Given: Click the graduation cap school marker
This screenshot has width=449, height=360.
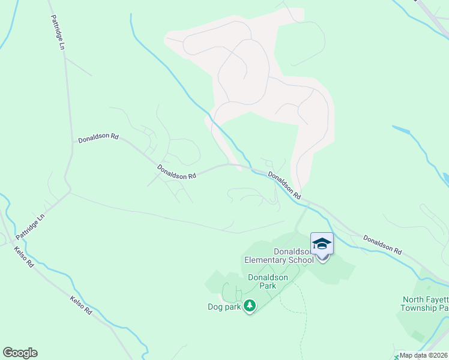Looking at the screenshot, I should [322, 244].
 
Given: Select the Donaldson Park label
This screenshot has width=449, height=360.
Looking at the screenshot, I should [268, 282].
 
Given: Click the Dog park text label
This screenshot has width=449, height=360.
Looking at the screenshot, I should [224, 307].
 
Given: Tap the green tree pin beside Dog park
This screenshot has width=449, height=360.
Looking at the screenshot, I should [250, 306].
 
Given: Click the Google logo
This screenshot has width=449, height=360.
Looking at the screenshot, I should [20, 353].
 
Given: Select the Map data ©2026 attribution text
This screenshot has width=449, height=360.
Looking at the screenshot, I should [423, 355].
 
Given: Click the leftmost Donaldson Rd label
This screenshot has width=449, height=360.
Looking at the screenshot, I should [98, 137].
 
